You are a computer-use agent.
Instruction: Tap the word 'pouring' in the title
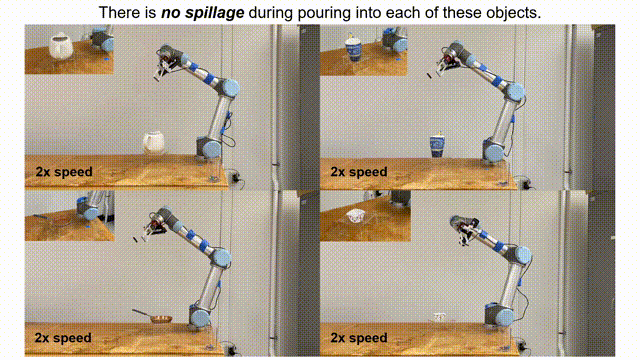click(x=323, y=13)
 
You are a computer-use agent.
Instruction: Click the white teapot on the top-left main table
click(x=153, y=142)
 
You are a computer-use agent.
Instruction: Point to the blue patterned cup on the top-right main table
click(x=437, y=146)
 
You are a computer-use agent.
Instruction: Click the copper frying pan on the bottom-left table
click(x=153, y=316)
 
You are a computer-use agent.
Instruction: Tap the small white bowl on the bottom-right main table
click(x=439, y=317)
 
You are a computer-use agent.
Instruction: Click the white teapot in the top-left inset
click(x=61, y=46)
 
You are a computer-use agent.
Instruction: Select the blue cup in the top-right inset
click(x=353, y=48)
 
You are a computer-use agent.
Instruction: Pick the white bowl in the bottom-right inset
click(x=355, y=216)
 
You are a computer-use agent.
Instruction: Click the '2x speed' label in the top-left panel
click(x=64, y=172)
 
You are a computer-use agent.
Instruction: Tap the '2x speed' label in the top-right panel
click(x=359, y=172)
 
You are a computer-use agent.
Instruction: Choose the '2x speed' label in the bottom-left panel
click(x=63, y=338)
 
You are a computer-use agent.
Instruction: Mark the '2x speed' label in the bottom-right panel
click(x=359, y=338)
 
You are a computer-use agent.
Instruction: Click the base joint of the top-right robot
click(x=494, y=151)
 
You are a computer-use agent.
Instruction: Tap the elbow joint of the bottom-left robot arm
click(x=221, y=257)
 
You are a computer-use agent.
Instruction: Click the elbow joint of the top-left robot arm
click(x=230, y=88)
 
